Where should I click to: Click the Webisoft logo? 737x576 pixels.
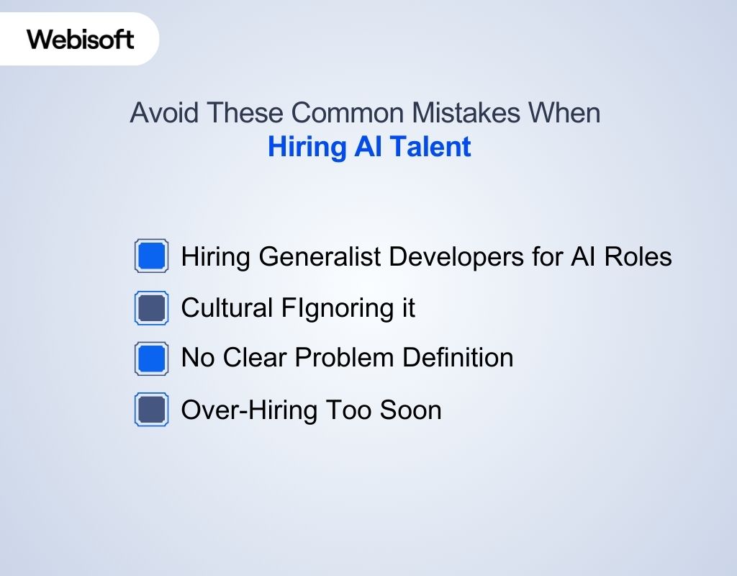(x=81, y=39)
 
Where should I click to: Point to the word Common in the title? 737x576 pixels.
(x=342, y=114)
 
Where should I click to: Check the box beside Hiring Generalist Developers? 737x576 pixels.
(x=152, y=256)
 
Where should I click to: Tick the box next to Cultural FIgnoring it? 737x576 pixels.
(x=152, y=308)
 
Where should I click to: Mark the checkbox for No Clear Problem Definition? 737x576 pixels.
(x=152, y=359)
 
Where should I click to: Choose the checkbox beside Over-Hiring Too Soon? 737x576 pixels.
(x=152, y=410)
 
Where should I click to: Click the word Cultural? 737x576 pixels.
(x=223, y=308)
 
